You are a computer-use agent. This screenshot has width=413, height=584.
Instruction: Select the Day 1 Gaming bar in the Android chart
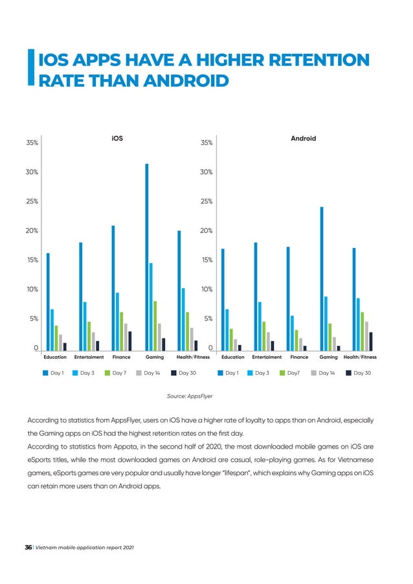click(x=321, y=278)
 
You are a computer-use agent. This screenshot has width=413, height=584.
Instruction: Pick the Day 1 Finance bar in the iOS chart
click(x=113, y=287)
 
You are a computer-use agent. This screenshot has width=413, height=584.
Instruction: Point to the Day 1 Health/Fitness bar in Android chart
click(x=354, y=298)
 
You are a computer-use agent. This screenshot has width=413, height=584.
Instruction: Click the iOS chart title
click(x=117, y=138)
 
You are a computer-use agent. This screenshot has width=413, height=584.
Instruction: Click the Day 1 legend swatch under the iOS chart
click(x=46, y=373)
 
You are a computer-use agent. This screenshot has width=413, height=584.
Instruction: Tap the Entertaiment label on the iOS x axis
click(x=89, y=357)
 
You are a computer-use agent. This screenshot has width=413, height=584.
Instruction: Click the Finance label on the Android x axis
click(x=299, y=357)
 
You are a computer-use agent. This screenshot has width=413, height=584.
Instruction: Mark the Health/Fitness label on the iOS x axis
click(x=193, y=357)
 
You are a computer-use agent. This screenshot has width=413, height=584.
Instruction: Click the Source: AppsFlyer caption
click(x=190, y=394)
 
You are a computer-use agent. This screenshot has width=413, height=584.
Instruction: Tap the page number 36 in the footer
click(x=28, y=548)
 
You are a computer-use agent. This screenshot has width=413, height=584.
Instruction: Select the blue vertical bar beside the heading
click(x=32, y=68)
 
